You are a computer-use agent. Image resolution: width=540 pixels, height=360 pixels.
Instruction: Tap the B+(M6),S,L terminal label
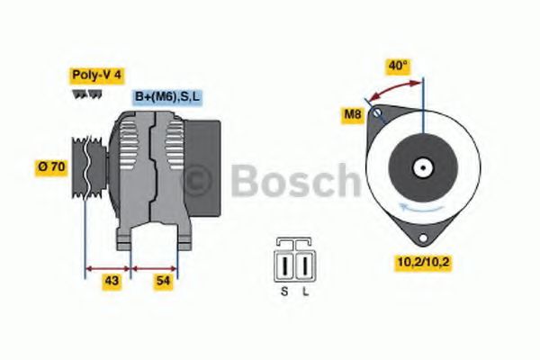coord(168,97)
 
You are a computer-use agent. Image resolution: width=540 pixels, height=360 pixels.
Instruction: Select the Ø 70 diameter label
coord(51,166)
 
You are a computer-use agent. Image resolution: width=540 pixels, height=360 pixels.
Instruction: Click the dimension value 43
coord(111,282)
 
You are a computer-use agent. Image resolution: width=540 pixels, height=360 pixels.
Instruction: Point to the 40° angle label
coord(397,66)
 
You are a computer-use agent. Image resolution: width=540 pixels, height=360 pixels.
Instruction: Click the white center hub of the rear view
coord(421,166)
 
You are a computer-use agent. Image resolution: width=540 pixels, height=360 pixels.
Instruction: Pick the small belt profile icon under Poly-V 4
coord(80,94)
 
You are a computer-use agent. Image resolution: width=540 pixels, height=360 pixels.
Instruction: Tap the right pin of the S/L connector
coord(304,265)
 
